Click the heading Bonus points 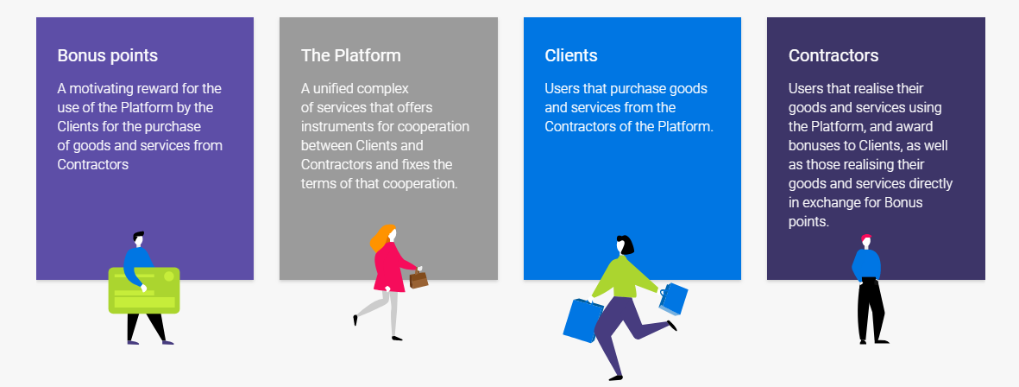coord(107,55)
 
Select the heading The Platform coord(351,55)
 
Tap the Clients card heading coord(571,55)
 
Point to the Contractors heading coord(833,55)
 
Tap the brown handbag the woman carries coord(418,279)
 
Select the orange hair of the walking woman coord(381,238)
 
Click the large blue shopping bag coord(582,320)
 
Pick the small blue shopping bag coord(674,299)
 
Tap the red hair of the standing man coord(865,238)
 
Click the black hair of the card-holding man coord(138,235)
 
